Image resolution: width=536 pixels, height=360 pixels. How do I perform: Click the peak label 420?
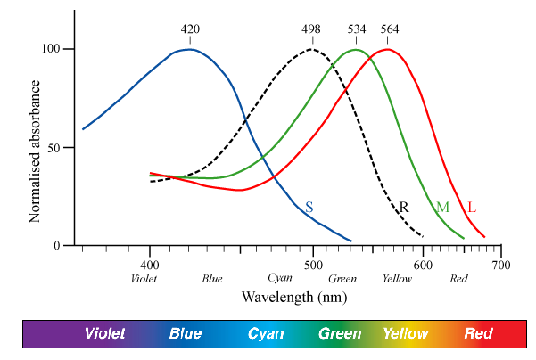190,29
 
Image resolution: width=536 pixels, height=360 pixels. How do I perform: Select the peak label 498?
311,29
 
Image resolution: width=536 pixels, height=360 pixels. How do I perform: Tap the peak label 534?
357,29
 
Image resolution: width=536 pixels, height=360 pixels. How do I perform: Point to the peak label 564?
390,29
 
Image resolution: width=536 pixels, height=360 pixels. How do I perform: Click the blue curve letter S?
309,207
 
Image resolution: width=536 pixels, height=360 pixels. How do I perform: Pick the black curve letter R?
404,207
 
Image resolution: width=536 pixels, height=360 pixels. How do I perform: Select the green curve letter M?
442,208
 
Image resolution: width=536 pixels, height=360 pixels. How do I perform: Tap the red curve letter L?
472,208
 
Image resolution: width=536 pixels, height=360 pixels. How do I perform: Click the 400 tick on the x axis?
150,265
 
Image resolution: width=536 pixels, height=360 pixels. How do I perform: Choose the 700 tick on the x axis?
501,265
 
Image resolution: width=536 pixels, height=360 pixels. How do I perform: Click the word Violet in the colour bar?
105,334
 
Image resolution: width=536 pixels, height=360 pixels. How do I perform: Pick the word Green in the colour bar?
341,334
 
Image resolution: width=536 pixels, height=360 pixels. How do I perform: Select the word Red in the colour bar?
479,334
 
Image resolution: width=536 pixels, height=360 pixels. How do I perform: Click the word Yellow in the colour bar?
406,334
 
